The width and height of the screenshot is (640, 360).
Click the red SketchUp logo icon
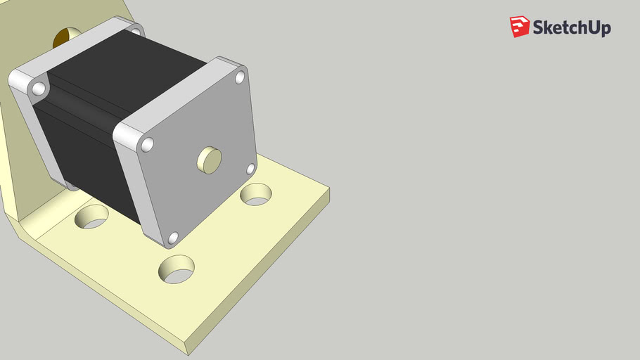tap(519, 27)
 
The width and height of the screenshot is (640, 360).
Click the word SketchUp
tap(571, 28)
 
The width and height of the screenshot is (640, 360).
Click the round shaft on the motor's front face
tap(208, 160)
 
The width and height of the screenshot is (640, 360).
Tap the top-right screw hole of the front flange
tap(240, 76)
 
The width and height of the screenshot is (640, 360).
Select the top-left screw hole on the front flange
tap(147, 144)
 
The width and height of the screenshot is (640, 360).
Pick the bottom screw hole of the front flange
tap(173, 238)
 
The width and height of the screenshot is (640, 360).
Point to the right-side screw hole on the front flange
tap(250, 169)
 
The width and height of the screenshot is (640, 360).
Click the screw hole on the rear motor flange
tap(39, 89)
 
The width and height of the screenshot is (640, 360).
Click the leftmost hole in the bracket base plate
tap(92, 217)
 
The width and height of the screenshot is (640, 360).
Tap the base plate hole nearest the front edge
tap(177, 269)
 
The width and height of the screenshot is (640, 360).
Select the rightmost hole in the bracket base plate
tap(257, 194)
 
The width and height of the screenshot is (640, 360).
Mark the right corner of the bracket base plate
tap(329, 188)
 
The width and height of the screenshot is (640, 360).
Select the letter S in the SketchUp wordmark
tap(538, 28)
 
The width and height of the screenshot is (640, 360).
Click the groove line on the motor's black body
tap(77, 105)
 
